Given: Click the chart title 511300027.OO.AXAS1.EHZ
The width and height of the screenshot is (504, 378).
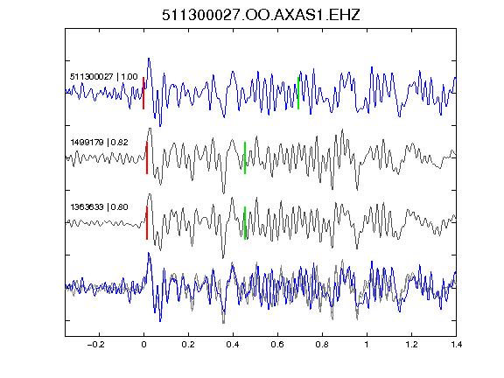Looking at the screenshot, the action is point(261,15).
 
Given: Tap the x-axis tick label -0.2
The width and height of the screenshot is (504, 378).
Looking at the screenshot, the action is point(95,345).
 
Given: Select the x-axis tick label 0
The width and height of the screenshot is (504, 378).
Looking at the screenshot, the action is point(143,345).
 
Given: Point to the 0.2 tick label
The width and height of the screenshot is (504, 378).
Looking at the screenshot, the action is point(188,345).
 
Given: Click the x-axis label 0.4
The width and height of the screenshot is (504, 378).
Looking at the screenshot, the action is point(233,345).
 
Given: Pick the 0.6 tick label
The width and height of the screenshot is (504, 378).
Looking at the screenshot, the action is point(277,345).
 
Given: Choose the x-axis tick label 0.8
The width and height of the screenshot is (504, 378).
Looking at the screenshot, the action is point(322,345).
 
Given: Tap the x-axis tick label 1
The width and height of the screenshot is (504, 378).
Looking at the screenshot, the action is point(367,345).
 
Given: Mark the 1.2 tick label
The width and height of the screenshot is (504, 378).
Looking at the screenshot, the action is point(411,345).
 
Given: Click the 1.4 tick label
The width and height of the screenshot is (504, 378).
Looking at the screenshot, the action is point(456,345).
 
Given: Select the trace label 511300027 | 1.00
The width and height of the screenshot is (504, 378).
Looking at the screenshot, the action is point(104,77).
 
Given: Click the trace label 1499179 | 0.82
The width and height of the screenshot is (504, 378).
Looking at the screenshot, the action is point(99,142).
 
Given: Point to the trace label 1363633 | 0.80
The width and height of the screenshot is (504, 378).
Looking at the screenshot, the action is point(99,207).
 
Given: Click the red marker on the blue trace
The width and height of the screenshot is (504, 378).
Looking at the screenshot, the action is point(143,94).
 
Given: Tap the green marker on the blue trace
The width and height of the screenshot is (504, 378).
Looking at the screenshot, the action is point(298,94).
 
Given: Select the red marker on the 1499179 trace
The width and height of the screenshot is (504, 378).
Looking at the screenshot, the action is point(147,157).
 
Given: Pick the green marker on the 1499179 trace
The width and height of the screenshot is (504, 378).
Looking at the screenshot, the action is point(245,157).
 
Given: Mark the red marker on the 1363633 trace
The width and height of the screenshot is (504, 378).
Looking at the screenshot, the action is point(147,223).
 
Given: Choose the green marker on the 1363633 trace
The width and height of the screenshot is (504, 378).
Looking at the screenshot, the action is point(245,223).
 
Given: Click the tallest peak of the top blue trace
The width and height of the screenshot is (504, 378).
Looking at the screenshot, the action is point(149,59).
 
